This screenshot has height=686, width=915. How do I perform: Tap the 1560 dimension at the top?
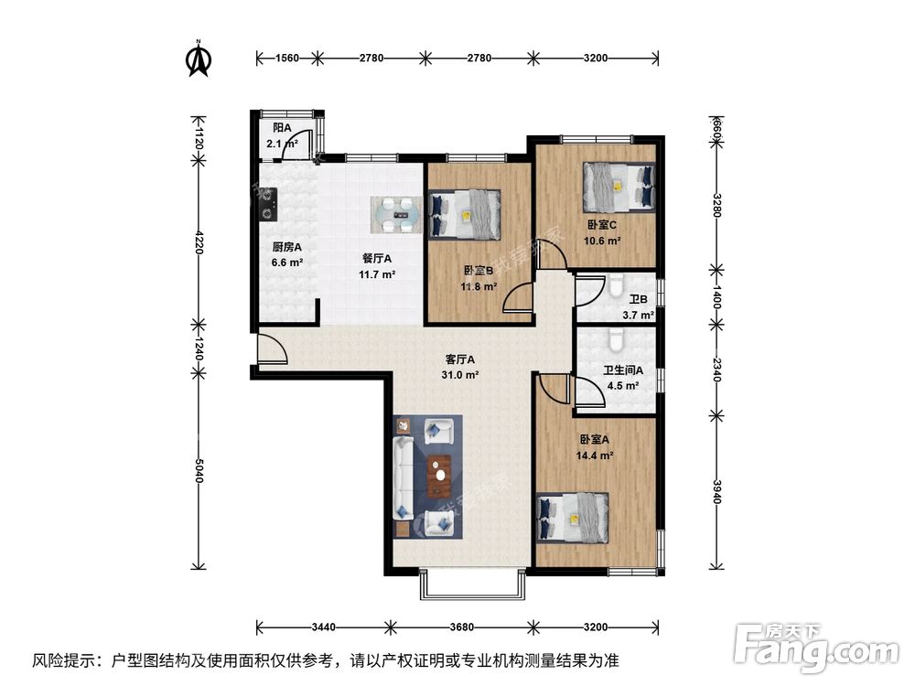[286, 58]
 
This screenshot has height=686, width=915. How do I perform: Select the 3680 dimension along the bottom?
[462, 627]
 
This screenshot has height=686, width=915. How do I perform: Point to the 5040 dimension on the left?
[199, 477]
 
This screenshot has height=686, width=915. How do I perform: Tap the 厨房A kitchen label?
[286, 246]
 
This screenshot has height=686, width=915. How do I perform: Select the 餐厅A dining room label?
[376, 258]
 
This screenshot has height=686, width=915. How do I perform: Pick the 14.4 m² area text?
[595, 454]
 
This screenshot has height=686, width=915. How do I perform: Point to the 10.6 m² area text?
[603, 241]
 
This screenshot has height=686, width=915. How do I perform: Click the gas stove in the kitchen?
[267, 204]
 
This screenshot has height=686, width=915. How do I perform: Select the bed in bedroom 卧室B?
[465, 214]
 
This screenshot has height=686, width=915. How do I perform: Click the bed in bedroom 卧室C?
[619, 186]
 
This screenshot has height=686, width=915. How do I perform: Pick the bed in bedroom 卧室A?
[573, 518]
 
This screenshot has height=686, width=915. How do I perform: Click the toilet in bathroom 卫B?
[616, 286]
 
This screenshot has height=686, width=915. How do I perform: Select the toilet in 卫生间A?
[616, 341]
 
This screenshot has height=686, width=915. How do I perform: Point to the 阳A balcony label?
[282, 128]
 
